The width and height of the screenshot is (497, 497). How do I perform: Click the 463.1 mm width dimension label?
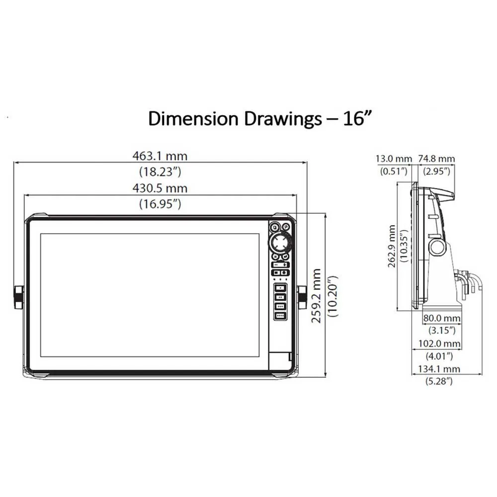[x=160, y=156]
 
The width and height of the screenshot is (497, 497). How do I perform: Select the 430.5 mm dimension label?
[x=160, y=188]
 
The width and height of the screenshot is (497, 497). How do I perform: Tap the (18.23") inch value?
[x=160, y=172]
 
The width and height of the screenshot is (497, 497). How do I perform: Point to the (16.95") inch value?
[x=160, y=204]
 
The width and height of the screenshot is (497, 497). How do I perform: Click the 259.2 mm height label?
[x=316, y=296]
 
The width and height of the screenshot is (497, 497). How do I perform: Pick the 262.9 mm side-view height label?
[x=392, y=247]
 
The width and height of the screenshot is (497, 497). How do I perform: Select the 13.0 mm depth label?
[x=394, y=159]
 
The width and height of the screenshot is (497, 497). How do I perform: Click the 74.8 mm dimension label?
[x=436, y=159]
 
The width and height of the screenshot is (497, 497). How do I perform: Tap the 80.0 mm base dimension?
[x=442, y=318]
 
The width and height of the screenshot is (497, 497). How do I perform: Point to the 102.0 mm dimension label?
[x=439, y=343]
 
